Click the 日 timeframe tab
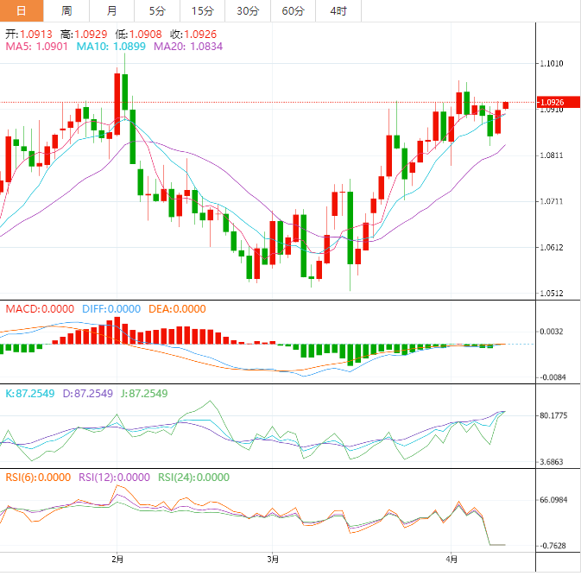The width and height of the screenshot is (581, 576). tap(21, 10)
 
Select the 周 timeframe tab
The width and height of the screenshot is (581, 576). tap(66, 10)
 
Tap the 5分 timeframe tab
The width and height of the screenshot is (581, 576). tap(156, 10)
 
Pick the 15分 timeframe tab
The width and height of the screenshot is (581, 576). tap(202, 10)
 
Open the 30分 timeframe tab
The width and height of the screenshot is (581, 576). tap(247, 10)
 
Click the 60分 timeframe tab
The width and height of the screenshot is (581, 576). tap(293, 10)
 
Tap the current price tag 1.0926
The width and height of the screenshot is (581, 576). tap(553, 102)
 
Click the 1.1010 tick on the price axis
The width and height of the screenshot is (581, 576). tap(551, 64)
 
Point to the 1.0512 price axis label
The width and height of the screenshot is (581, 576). tap(551, 293)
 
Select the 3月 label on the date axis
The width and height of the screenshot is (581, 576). tap(272, 559)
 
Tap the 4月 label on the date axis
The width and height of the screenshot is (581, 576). tap(452, 559)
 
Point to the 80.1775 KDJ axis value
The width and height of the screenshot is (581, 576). tap(553, 415)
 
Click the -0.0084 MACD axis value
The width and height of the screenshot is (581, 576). tap(553, 377)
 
